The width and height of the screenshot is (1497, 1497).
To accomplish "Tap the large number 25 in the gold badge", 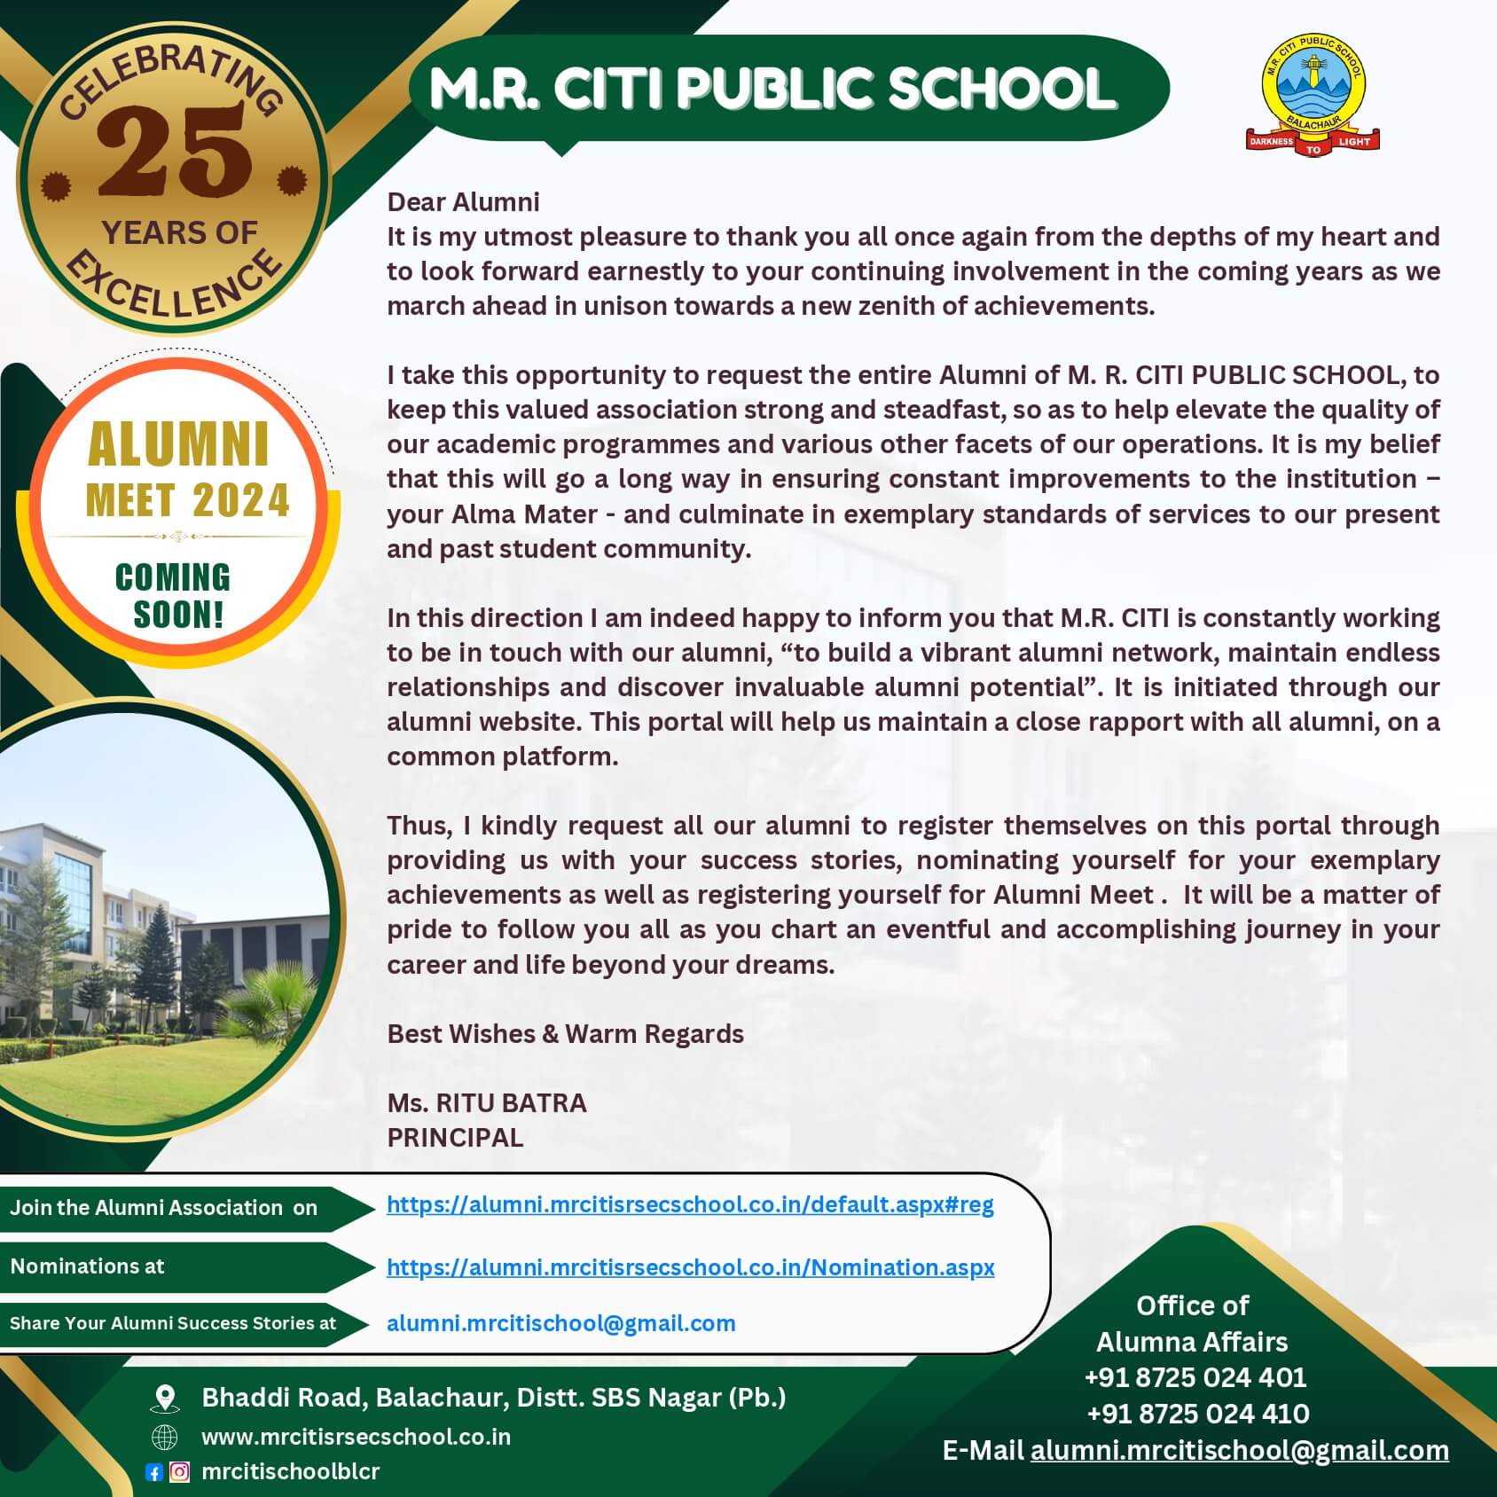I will click(x=173, y=151).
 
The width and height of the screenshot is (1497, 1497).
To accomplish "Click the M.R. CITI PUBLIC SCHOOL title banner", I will click(x=772, y=88).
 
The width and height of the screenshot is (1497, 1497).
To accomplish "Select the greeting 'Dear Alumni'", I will click(x=463, y=202).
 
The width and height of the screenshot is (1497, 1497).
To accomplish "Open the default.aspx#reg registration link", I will click(x=690, y=1204).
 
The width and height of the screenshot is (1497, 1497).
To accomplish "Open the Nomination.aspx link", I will click(x=690, y=1267).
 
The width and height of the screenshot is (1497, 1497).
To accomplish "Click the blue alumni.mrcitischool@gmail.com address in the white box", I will click(x=560, y=1323).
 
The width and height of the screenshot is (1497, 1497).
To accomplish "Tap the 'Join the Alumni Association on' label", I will click(x=164, y=1208).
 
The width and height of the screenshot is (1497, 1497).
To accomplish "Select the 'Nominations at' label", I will click(x=88, y=1266).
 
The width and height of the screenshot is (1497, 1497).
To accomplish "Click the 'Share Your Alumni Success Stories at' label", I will click(x=173, y=1323).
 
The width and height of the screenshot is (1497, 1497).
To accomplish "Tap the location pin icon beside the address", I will click(x=165, y=1399).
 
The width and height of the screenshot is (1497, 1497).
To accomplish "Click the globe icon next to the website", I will click(x=165, y=1437).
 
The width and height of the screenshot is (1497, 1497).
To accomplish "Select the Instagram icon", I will click(x=179, y=1472).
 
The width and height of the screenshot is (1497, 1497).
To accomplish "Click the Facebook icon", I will click(x=153, y=1472).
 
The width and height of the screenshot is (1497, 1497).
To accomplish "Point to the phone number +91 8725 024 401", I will click(x=1195, y=1377).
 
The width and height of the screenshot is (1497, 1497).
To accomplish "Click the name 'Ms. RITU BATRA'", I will click(x=487, y=1103).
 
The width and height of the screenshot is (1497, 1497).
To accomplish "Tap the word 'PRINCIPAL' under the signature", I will click(x=455, y=1138).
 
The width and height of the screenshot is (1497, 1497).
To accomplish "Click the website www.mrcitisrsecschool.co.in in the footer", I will click(x=357, y=1437).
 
